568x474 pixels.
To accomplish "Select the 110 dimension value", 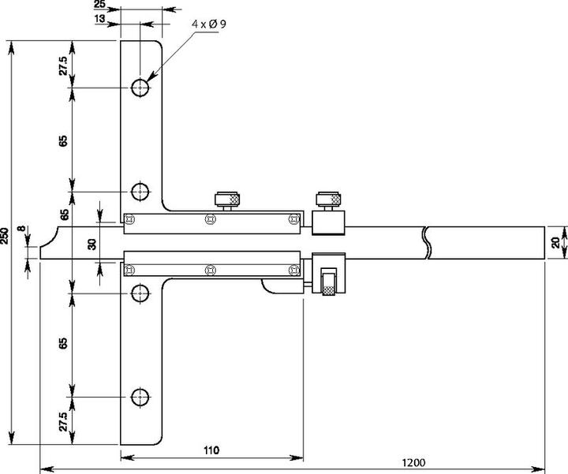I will [211, 450].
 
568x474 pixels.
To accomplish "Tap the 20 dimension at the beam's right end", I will [555, 242].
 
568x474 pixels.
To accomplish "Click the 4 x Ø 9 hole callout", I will [210, 24].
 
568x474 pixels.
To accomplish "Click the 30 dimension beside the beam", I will [92, 244].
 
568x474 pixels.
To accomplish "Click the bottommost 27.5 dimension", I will [64, 420].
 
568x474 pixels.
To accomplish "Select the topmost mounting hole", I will [140, 87].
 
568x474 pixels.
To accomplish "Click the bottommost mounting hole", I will [140, 397].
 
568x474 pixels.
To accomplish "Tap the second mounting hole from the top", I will [140, 191].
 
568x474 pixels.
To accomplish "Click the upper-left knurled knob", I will [227, 198].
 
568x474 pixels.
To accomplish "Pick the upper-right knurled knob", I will [327, 198].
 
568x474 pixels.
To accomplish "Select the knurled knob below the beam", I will [328, 282].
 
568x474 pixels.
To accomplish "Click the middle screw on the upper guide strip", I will [209, 219].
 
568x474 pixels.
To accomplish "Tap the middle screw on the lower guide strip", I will [209, 270].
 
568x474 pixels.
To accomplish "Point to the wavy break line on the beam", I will [427, 243].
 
